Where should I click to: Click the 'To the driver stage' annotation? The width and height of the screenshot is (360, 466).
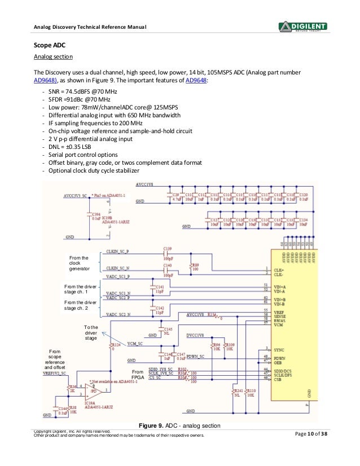pyautogui.click(x=91, y=332)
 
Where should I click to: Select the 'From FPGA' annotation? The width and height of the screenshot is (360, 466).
pyautogui.click(x=137, y=375)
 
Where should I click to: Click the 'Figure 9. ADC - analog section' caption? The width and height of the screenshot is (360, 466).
pyautogui.click(x=180, y=425)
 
